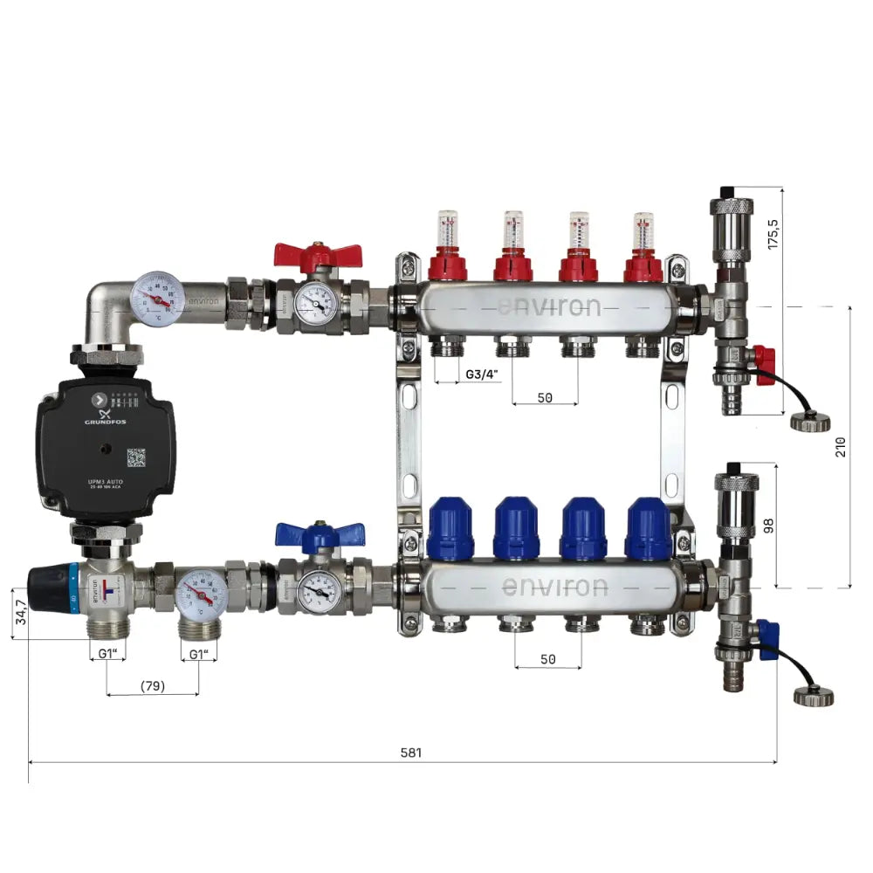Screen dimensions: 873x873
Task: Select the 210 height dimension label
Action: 840,447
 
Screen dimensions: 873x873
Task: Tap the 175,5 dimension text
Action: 773,233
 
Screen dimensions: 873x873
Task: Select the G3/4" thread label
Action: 480,375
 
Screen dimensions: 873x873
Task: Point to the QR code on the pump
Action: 135,457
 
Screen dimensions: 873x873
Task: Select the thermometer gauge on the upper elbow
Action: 158,298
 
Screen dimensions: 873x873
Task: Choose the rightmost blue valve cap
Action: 649,528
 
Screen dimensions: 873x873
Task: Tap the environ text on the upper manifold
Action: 549,307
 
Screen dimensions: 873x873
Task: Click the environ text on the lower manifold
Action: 554,586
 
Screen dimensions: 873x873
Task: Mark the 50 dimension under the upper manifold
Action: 545,397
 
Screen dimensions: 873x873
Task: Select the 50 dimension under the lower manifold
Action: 547,659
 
